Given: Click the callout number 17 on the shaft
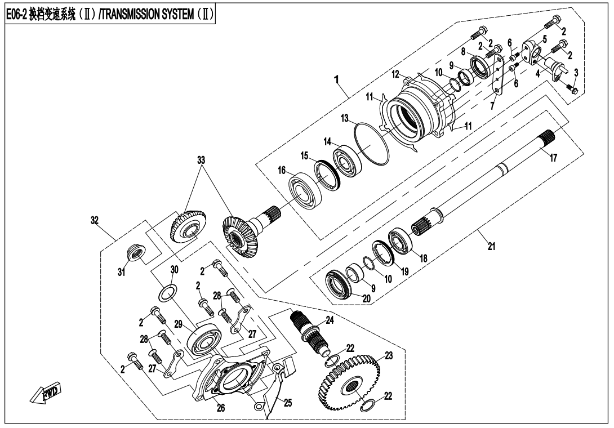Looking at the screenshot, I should (553, 158).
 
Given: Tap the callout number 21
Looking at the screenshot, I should (491, 246).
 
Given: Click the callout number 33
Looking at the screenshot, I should (201, 159).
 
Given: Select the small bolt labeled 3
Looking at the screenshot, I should (572, 89).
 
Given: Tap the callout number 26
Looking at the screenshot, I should (221, 408).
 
